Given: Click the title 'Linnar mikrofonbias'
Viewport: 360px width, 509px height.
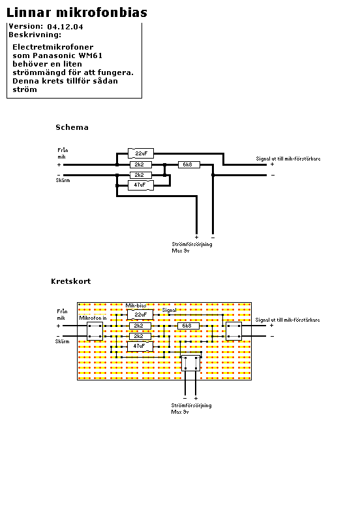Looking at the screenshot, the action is (77, 12).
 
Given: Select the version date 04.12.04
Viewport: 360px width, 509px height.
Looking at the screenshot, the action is (65, 27).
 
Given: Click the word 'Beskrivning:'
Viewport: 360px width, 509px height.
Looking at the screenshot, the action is (35, 35).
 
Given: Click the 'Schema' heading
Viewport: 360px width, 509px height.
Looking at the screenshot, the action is (72, 127).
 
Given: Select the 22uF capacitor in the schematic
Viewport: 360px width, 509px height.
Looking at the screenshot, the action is (141, 153).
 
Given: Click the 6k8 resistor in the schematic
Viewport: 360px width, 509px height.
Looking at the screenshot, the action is (188, 164).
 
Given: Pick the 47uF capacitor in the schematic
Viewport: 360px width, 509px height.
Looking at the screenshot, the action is (140, 185).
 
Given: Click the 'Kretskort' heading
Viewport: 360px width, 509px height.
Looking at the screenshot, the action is (70, 281).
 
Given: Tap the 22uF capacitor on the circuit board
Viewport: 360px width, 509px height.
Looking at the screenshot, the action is (140, 315).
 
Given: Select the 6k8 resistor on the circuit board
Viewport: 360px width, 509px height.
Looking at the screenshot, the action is (188, 326).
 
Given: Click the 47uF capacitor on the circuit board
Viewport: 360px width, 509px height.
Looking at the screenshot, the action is (140, 346).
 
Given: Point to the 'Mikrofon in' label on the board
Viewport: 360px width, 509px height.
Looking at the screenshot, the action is (93, 318).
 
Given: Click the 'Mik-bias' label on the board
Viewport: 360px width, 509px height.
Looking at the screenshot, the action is (136, 305).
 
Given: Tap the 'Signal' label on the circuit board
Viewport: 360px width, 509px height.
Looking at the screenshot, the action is (169, 310).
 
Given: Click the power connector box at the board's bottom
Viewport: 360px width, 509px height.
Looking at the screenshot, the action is (190, 363).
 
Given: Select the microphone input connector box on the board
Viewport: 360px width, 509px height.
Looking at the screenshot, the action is (95, 331).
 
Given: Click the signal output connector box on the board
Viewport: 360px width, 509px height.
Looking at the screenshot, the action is (234, 331).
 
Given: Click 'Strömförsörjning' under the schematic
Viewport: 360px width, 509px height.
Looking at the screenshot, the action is (192, 244).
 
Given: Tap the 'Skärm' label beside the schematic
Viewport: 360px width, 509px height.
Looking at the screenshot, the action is (63, 180).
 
